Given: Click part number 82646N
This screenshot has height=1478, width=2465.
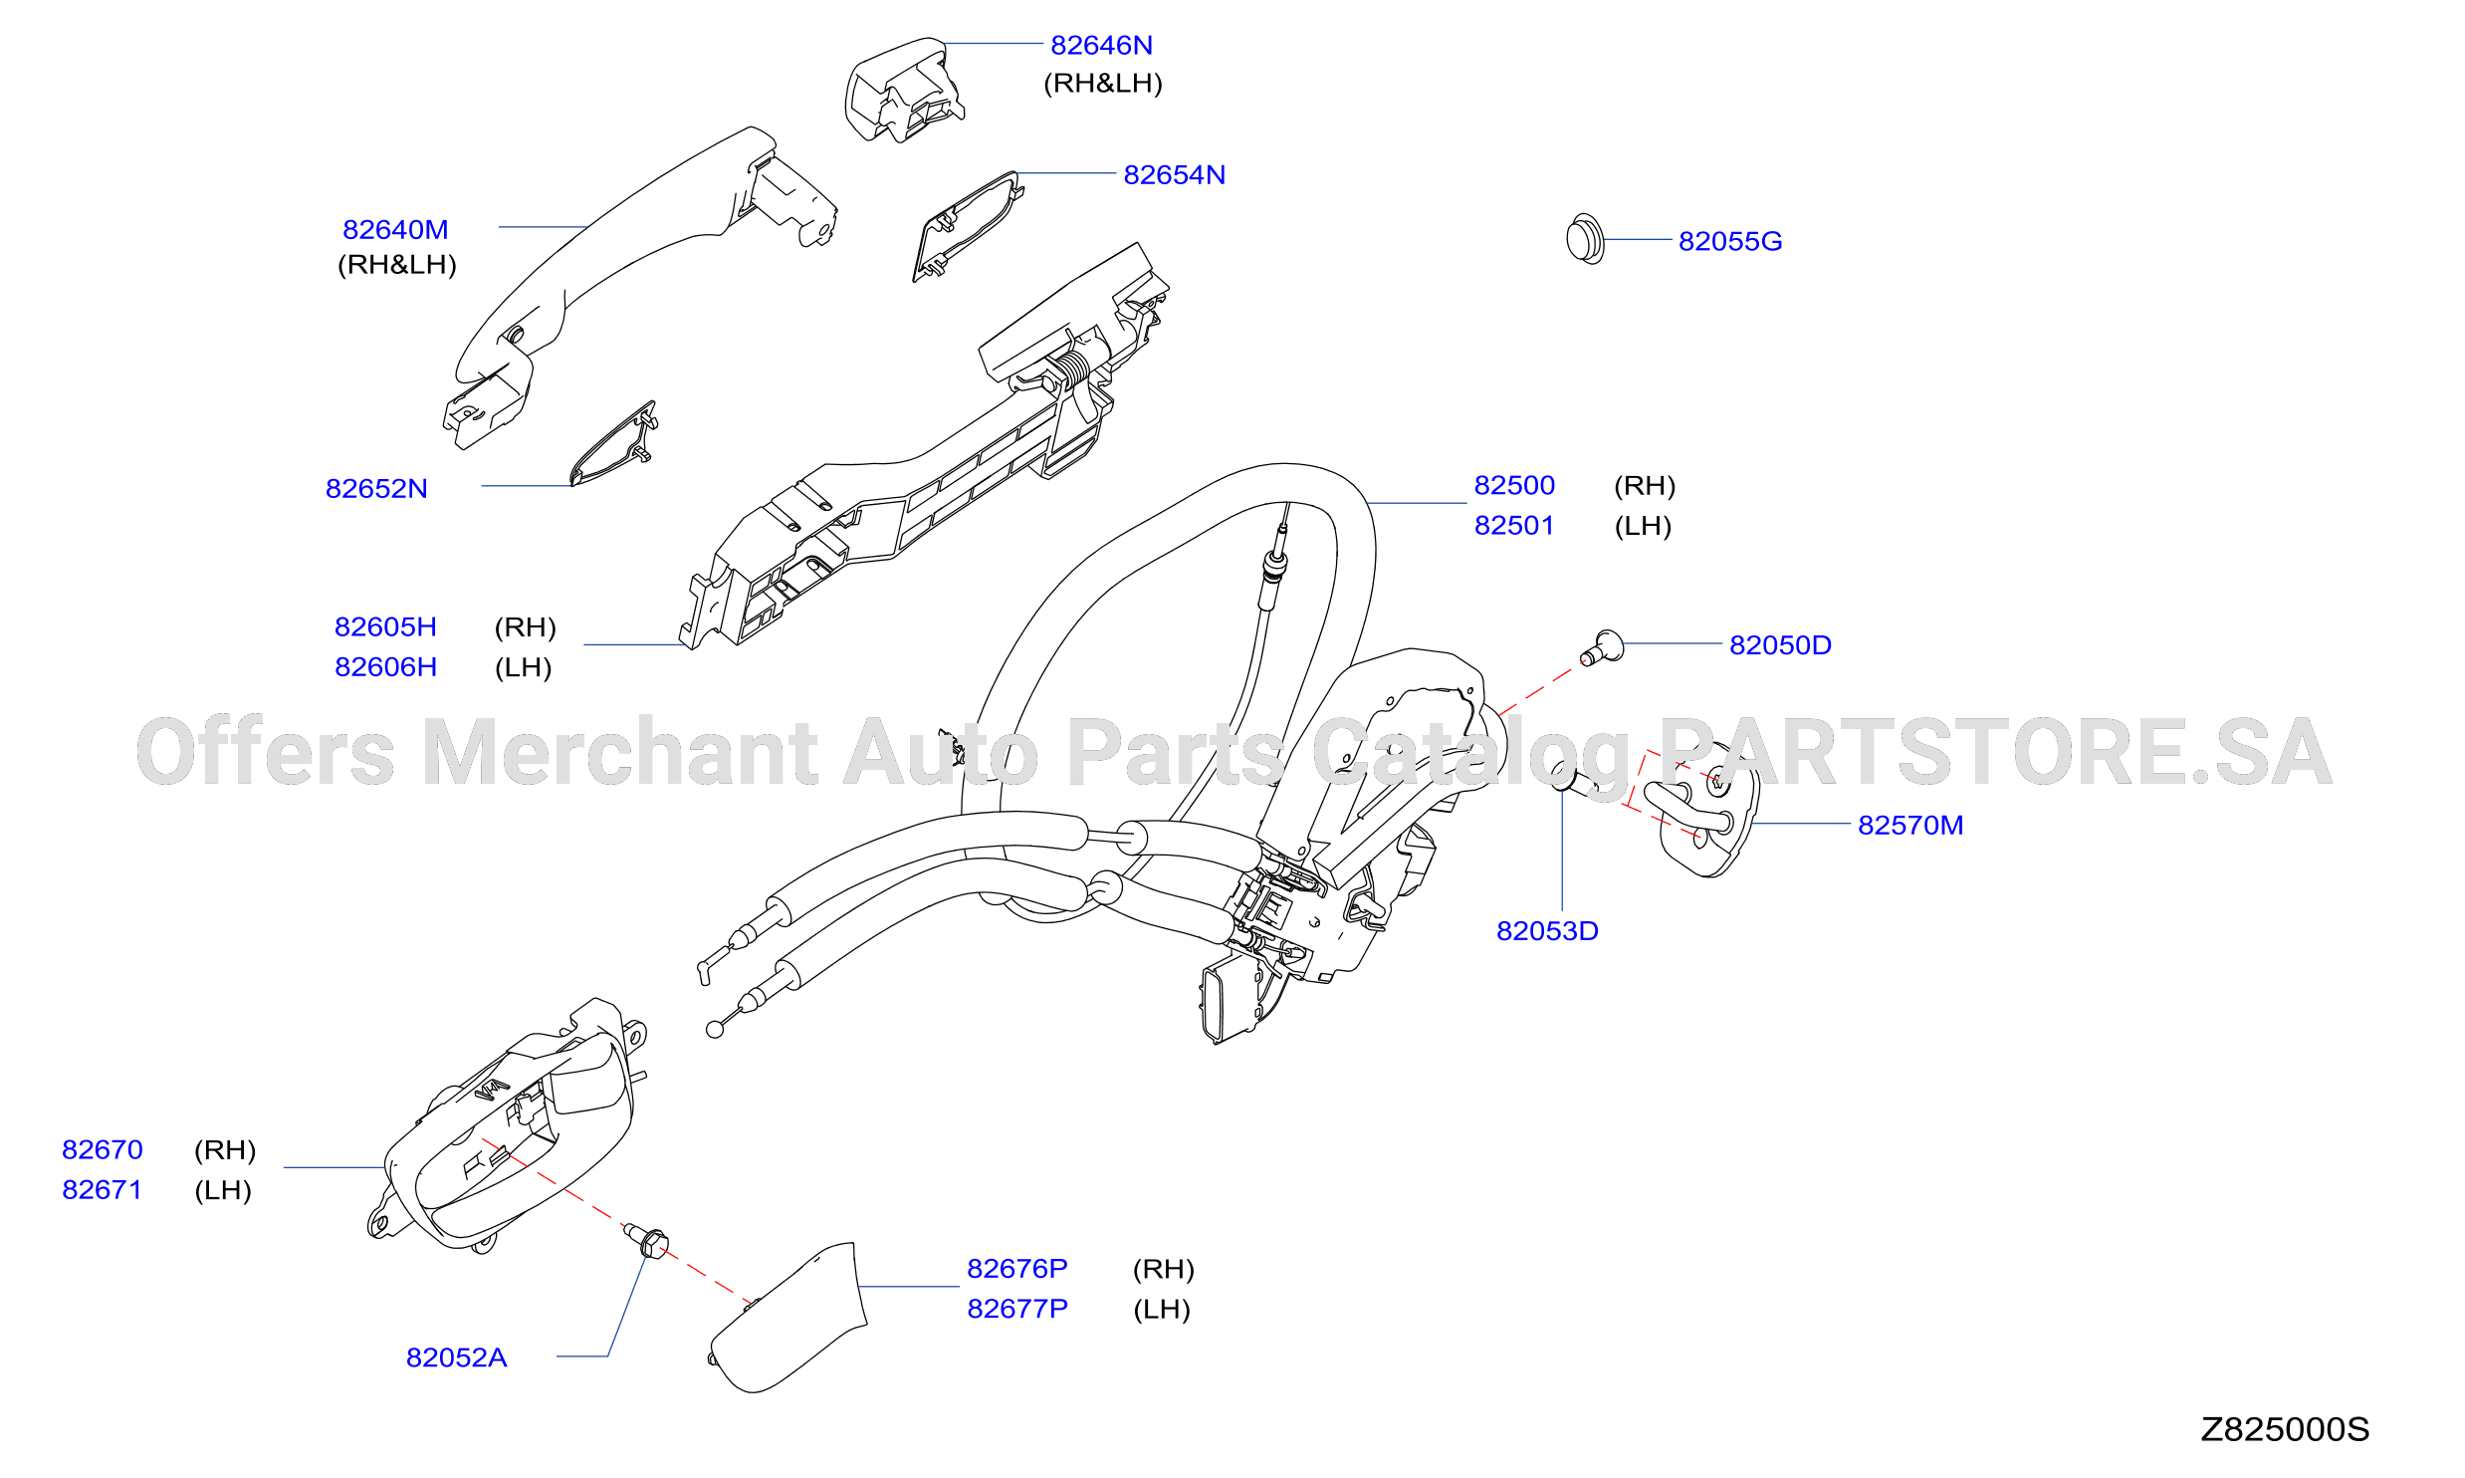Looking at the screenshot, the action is pyautogui.click(x=1101, y=45).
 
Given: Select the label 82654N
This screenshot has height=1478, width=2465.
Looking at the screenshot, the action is pyautogui.click(x=1174, y=174).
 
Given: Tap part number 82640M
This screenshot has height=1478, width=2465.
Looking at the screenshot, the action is pyautogui.click(x=395, y=229).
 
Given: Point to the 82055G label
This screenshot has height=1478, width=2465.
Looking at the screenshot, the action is pyautogui.click(x=1730, y=241).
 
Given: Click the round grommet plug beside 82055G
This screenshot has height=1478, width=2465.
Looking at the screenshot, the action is pyautogui.click(x=1585, y=239).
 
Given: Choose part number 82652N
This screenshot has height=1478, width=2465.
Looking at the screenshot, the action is pyautogui.click(x=376, y=488).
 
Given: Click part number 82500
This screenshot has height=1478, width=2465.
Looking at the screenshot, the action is pyautogui.click(x=1514, y=485).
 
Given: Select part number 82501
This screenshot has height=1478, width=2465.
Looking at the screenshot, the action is pyautogui.click(x=1514, y=525).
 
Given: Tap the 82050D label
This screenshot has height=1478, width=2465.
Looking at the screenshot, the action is pyautogui.click(x=1780, y=644).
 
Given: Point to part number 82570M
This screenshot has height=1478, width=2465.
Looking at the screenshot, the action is pyautogui.click(x=1910, y=825).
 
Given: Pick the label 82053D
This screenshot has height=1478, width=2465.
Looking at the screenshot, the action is pyautogui.click(x=1547, y=930).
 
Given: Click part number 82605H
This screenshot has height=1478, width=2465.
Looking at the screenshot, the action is pyautogui.click(x=385, y=626).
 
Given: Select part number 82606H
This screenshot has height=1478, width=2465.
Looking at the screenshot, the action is pyautogui.click(x=385, y=666).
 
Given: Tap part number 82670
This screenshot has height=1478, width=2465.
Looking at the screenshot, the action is pyautogui.click(x=103, y=1149).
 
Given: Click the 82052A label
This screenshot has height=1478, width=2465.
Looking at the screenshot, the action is pyautogui.click(x=456, y=1357).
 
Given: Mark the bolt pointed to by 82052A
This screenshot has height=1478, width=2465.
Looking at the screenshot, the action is pyautogui.click(x=648, y=1240).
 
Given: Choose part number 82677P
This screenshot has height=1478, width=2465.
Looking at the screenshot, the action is pyautogui.click(x=1017, y=1308).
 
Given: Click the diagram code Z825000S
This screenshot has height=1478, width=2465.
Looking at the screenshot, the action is pyautogui.click(x=2285, y=1429).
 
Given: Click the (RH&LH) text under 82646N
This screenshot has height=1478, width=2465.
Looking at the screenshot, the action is pyautogui.click(x=1103, y=83).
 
